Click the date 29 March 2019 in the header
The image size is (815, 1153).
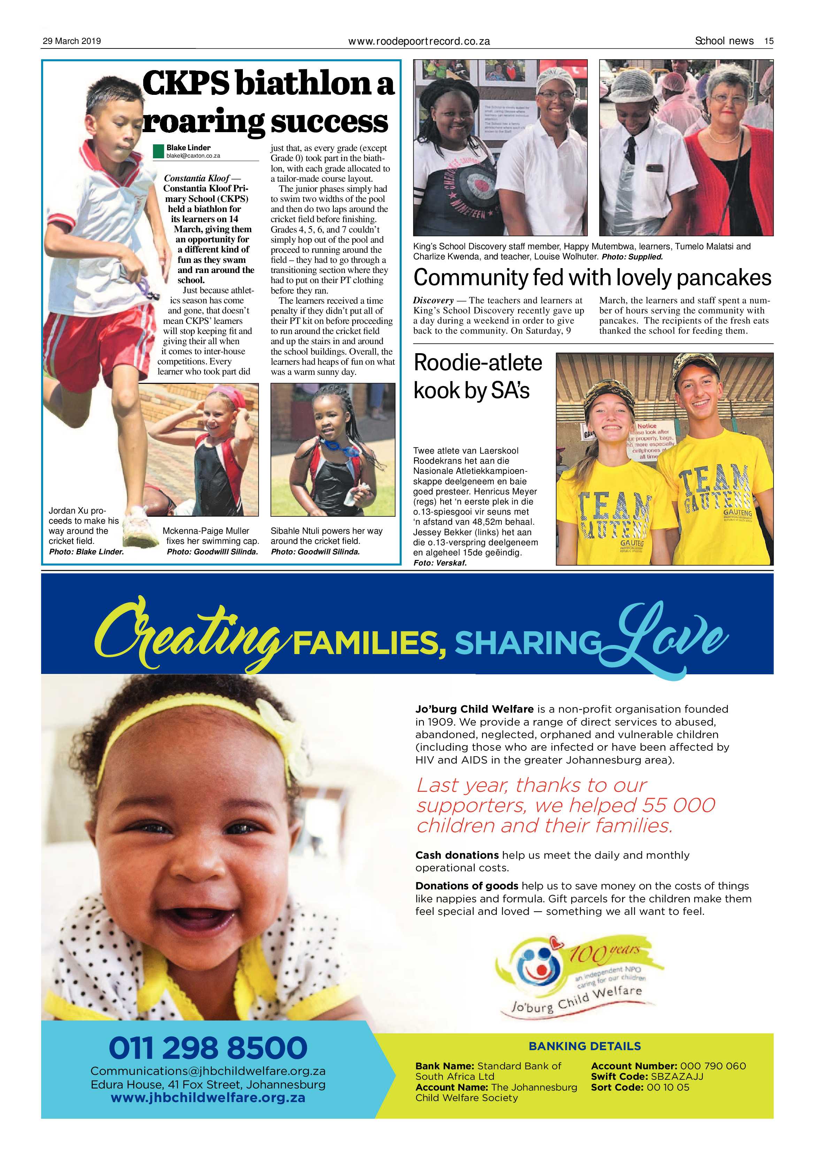(x=72, y=41)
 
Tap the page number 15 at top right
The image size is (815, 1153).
(x=768, y=41)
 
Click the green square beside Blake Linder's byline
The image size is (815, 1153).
(x=159, y=151)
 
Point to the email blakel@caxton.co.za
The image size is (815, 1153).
(x=193, y=156)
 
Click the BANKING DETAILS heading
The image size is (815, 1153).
(x=585, y=1046)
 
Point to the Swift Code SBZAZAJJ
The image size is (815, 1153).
(x=676, y=1076)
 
